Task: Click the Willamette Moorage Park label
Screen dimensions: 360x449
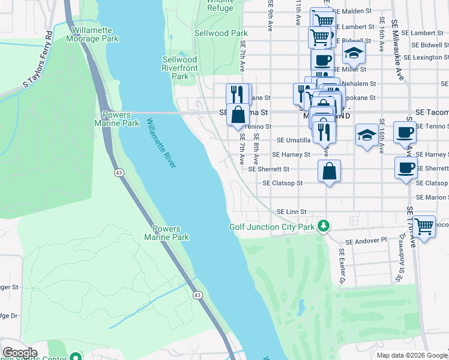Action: pyautogui.click(x=95, y=34)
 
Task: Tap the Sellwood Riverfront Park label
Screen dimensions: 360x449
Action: pyautogui.click(x=180, y=68)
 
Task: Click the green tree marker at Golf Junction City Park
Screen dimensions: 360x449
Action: pyautogui.click(x=324, y=226)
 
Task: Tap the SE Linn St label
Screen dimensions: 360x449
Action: pyautogui.click(x=291, y=212)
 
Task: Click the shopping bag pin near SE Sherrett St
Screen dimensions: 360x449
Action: pyautogui.click(x=330, y=172)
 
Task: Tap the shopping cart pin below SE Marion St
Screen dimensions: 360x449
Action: pyautogui.click(x=424, y=227)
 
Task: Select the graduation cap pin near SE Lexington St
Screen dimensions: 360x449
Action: pyautogui.click(x=354, y=54)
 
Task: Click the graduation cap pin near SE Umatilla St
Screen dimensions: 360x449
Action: pyautogui.click(x=367, y=135)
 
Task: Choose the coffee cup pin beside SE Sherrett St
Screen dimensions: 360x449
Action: pyautogui.click(x=405, y=168)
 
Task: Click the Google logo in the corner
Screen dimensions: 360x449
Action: pyautogui.click(x=20, y=353)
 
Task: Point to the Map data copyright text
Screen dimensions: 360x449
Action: pyautogui.click(x=412, y=355)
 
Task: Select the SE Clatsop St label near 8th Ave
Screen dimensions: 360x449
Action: pyautogui.click(x=282, y=183)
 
